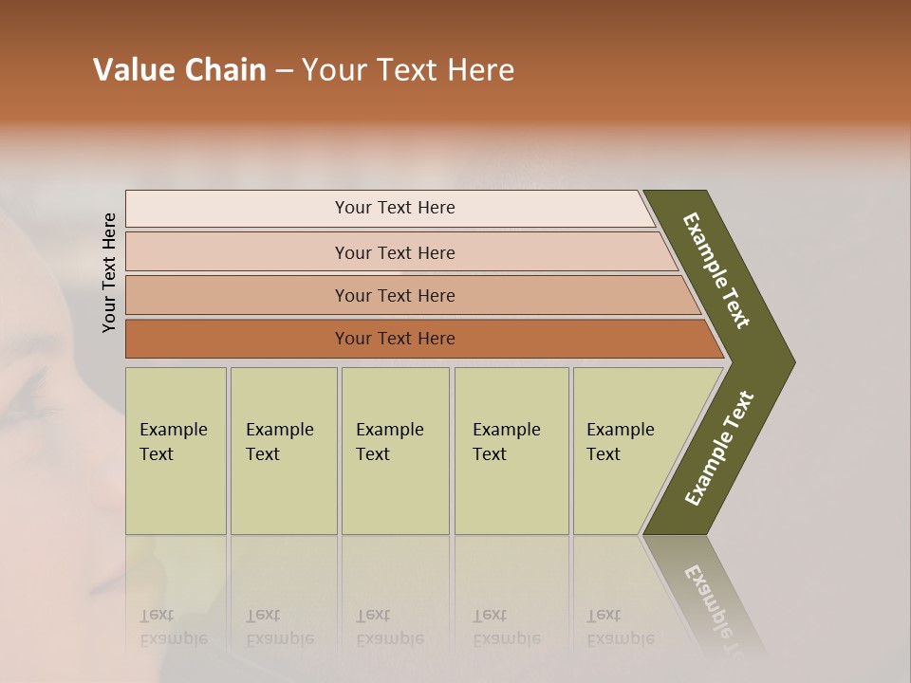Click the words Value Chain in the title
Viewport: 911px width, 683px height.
coord(179,70)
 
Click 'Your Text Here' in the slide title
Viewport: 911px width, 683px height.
coord(408,70)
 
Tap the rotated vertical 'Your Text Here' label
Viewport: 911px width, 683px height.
coord(109,272)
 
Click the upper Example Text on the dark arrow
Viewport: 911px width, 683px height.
coord(716,270)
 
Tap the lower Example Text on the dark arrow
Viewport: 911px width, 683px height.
coord(719,448)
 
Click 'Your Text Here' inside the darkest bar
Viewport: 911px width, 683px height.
coord(395,339)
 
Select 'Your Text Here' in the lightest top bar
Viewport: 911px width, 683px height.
coord(395,208)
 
